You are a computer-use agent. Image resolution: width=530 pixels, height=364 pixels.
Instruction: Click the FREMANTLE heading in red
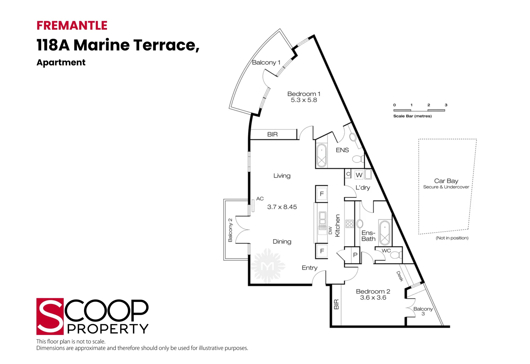point(72,26)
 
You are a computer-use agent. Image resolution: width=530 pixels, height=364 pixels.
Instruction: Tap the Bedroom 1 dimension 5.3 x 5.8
point(304,100)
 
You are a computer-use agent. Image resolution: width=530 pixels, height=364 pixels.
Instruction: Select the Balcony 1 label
point(266,62)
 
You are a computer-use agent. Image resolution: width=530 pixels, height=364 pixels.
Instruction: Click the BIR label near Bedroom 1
point(272,134)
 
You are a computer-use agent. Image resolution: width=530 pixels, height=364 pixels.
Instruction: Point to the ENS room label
point(342,150)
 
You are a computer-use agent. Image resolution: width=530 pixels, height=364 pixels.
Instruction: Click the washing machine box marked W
point(359,175)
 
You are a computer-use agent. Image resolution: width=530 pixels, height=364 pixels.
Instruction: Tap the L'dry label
point(363,187)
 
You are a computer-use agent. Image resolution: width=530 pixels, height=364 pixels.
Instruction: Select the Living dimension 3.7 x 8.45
point(282,207)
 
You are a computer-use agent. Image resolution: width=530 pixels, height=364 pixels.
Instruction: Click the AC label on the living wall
point(260,199)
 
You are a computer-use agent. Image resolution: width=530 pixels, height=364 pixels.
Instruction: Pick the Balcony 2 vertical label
point(230,230)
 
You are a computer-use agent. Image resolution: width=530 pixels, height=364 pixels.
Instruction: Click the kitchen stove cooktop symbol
point(350,224)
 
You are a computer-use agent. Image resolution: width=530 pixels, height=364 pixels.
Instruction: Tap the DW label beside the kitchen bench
point(330,231)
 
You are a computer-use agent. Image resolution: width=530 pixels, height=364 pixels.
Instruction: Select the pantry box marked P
point(355,255)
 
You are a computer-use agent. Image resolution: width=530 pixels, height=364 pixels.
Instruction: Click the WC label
point(386,250)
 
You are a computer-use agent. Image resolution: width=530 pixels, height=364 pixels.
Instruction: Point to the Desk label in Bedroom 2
point(400,276)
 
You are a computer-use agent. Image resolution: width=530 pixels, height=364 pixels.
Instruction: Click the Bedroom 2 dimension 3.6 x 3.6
point(373,298)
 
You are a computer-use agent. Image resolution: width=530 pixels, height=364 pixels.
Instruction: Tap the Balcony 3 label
point(423,311)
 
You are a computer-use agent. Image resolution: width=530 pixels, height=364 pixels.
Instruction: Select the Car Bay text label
point(446,181)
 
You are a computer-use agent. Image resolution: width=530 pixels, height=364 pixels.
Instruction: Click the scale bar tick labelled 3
point(446,105)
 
